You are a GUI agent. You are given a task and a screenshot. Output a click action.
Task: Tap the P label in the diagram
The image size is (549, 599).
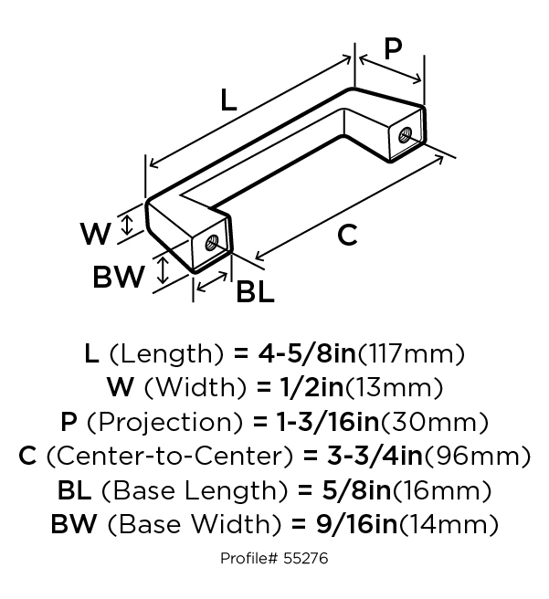point(393,48)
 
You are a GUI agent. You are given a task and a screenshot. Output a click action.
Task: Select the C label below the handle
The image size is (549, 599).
point(347,236)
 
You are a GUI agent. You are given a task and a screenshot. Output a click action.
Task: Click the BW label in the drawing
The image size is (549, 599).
point(119,277)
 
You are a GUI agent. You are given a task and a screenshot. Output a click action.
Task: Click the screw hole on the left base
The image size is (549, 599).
point(212,244)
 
